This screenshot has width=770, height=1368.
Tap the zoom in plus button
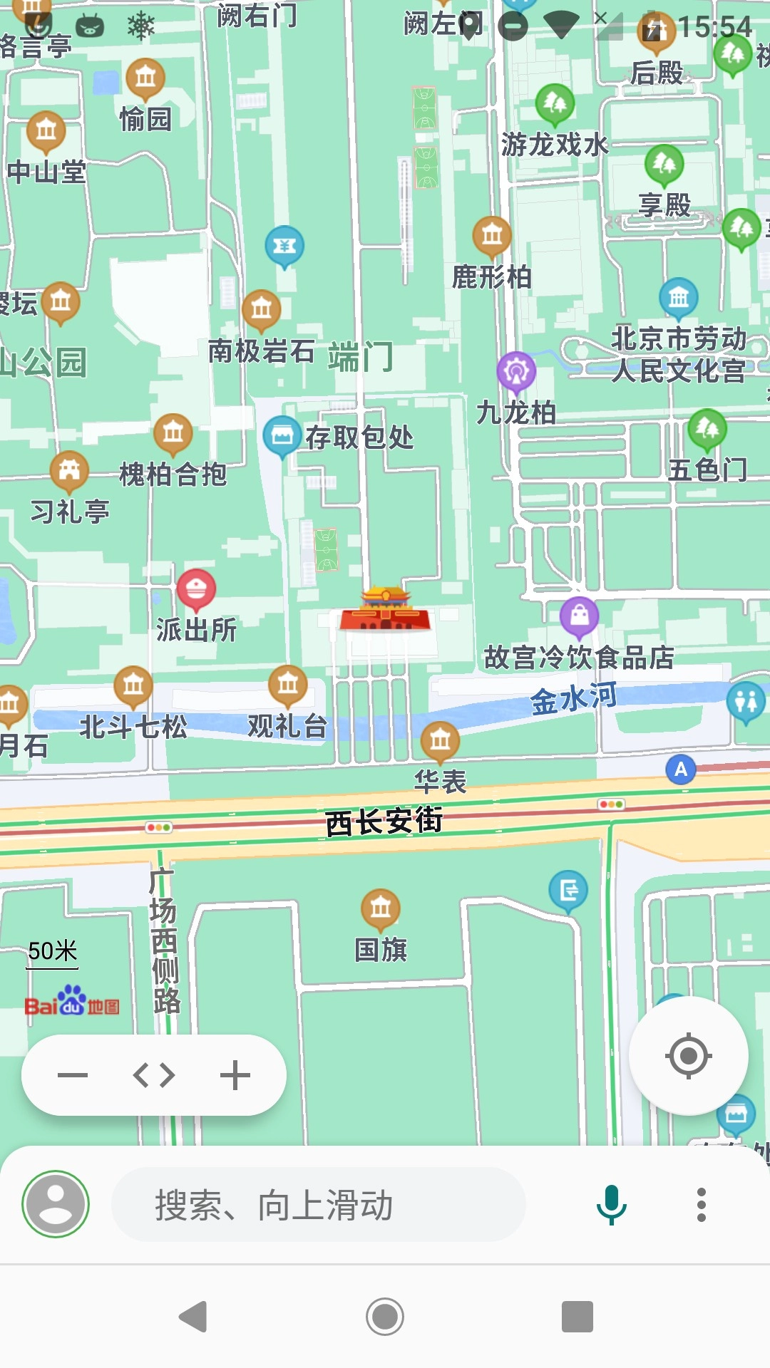(235, 1075)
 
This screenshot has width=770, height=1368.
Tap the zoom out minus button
(73, 1075)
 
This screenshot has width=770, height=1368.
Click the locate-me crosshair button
(688, 1055)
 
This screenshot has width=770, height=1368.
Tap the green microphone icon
(611, 1204)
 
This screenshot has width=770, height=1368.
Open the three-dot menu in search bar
(702, 1205)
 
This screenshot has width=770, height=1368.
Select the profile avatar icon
(56, 1204)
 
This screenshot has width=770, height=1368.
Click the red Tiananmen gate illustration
(386, 611)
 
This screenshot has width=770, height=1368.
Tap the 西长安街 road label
(384, 821)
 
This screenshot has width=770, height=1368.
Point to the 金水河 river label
(574, 698)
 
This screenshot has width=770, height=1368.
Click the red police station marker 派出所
(196, 589)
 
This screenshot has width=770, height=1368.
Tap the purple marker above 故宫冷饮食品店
(579, 616)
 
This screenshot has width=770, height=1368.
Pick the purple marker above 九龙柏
(516, 371)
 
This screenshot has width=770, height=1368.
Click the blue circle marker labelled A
(681, 769)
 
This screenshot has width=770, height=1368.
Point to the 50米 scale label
(53, 951)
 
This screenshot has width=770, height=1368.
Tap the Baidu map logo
(71, 1002)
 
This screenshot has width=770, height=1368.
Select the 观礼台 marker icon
(288, 685)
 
